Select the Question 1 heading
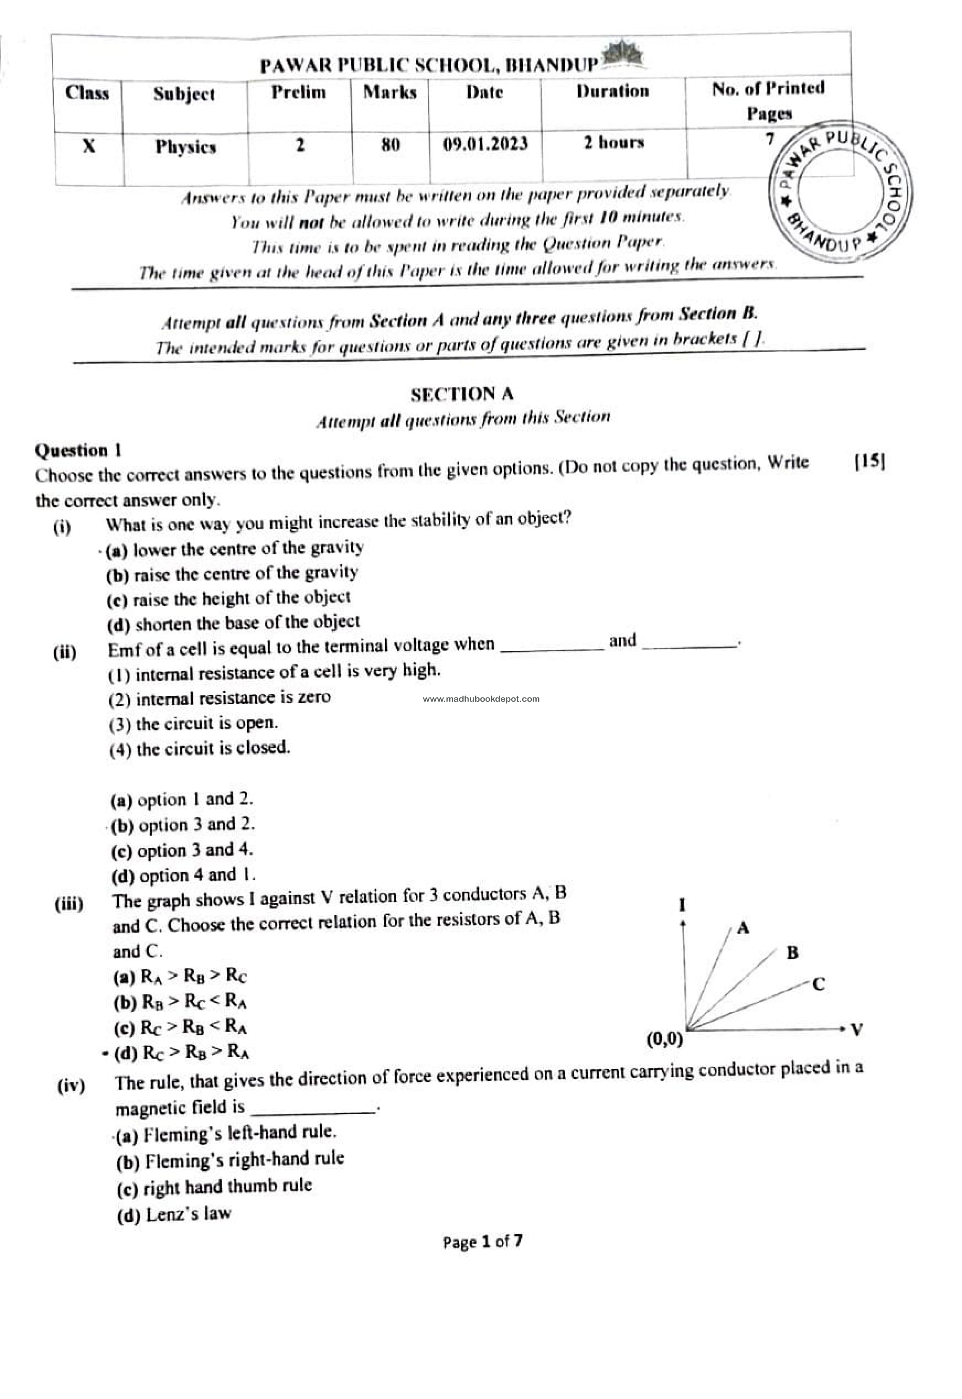coord(79,451)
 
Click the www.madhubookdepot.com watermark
coord(481,699)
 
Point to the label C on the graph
coord(818,985)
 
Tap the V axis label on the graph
coord(857,1029)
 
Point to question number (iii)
coord(69,904)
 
